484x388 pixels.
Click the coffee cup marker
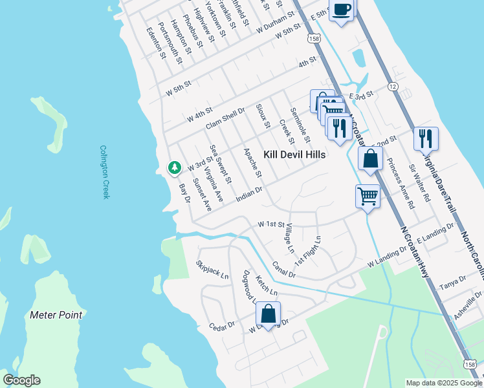click(x=342, y=10)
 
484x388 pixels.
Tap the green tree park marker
click(x=174, y=167)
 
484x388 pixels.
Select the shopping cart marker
click(x=368, y=195)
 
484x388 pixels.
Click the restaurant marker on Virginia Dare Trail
click(x=426, y=138)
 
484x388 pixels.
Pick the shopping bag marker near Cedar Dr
click(x=268, y=314)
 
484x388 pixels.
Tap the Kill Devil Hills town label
click(x=294, y=155)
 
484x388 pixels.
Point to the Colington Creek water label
click(x=105, y=171)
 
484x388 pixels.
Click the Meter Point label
click(x=56, y=315)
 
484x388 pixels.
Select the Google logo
click(x=21, y=380)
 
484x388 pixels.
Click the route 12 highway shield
click(x=392, y=86)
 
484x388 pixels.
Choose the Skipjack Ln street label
click(x=212, y=270)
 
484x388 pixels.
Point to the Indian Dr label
click(x=249, y=194)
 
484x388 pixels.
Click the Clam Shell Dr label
click(x=225, y=118)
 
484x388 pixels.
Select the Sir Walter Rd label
click(x=419, y=183)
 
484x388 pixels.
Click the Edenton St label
click(x=156, y=43)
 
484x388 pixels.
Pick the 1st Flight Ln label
click(x=307, y=252)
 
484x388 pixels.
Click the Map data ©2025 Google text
click(x=443, y=383)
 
